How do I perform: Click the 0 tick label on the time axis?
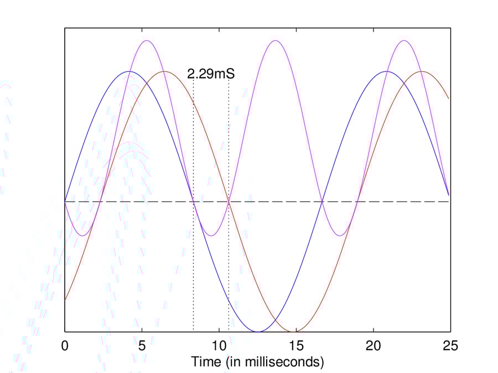(65, 345)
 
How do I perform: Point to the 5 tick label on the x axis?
(142, 345)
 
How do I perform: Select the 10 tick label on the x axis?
(219, 345)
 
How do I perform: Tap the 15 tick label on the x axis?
(297, 345)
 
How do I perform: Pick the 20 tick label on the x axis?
(373, 345)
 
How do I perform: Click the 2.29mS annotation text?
(211, 74)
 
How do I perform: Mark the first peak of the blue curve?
(129, 71)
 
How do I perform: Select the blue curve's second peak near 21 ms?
(386, 71)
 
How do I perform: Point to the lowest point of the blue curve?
(258, 332)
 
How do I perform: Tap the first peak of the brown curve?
(164, 71)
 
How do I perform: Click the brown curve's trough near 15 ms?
(293, 332)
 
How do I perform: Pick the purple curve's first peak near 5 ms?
(147, 40)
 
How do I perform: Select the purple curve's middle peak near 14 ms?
(276, 40)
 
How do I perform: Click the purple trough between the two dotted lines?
(211, 236)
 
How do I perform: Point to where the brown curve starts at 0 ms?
(65, 300)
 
